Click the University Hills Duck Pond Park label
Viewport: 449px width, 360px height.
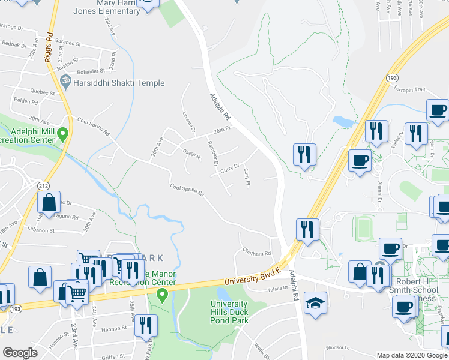pos(237,312)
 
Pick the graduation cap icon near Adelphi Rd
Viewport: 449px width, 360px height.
pos(315,304)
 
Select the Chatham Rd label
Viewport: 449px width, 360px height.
pos(256,253)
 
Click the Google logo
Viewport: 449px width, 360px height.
pos(20,353)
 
